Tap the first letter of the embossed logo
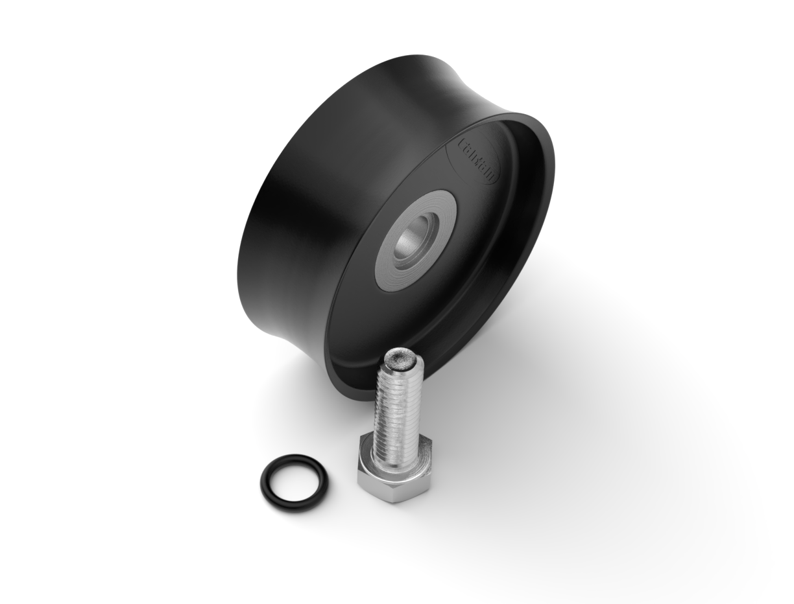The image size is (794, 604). tap(462, 141)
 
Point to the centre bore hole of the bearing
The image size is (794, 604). tap(410, 236)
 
